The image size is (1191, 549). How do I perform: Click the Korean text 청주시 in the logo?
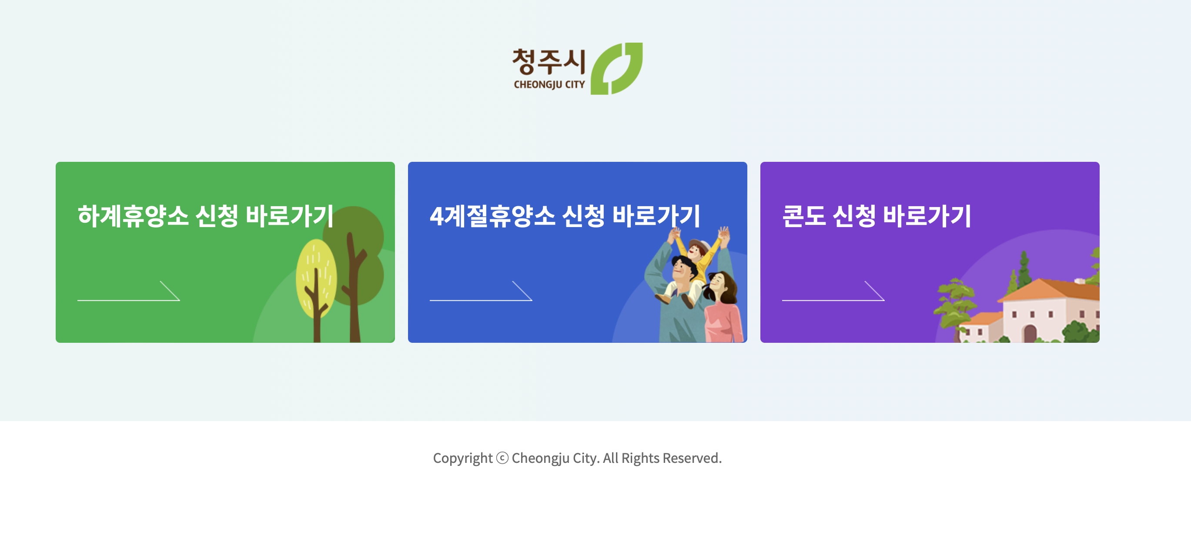(549, 62)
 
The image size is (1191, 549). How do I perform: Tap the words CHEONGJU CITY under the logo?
(549, 85)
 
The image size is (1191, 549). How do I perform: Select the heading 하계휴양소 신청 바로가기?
(205, 216)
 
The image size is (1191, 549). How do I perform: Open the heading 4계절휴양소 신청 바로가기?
(565, 216)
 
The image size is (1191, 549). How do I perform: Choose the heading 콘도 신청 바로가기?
(876, 216)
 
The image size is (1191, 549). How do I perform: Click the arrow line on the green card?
(128, 296)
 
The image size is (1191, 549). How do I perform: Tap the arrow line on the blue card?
(481, 296)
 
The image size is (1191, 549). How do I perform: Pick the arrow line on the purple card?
(833, 296)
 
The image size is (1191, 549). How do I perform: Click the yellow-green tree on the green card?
(316, 278)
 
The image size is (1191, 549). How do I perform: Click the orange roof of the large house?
(1050, 289)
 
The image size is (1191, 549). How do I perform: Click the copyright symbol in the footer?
(502, 458)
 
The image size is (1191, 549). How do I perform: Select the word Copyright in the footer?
(462, 458)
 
